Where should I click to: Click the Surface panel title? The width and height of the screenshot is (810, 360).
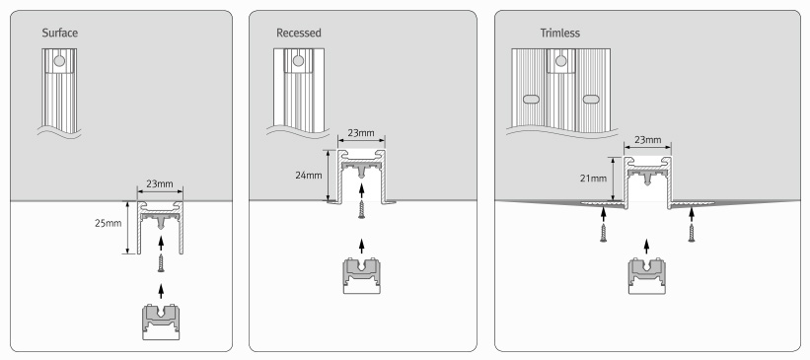coord(60,34)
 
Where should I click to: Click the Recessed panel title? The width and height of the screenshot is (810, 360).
coord(299,34)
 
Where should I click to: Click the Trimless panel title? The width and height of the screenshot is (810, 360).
coord(560,34)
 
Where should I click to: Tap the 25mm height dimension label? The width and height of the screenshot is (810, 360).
coord(108,224)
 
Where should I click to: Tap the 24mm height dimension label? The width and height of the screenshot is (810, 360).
coord(309,176)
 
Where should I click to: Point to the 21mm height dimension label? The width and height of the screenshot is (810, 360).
coord(593,179)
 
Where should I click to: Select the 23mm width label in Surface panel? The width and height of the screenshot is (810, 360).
coord(160,183)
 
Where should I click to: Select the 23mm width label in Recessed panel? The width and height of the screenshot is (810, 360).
coord(361,133)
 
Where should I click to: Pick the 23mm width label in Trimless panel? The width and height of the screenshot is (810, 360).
coord(647,140)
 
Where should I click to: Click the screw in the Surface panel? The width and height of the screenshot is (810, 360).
coord(161,263)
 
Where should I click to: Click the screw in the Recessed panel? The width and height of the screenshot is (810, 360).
coord(362,209)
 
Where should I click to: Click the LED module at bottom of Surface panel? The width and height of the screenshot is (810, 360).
coord(161,322)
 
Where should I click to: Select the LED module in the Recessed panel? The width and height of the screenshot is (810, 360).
coord(362,276)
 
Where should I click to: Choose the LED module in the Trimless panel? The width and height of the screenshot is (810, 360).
coord(647,276)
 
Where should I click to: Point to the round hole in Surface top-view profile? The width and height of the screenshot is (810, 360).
coord(59,61)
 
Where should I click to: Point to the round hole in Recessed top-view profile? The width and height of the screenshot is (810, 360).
coord(298,61)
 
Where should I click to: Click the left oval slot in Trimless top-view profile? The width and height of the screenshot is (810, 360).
coord(532,100)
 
